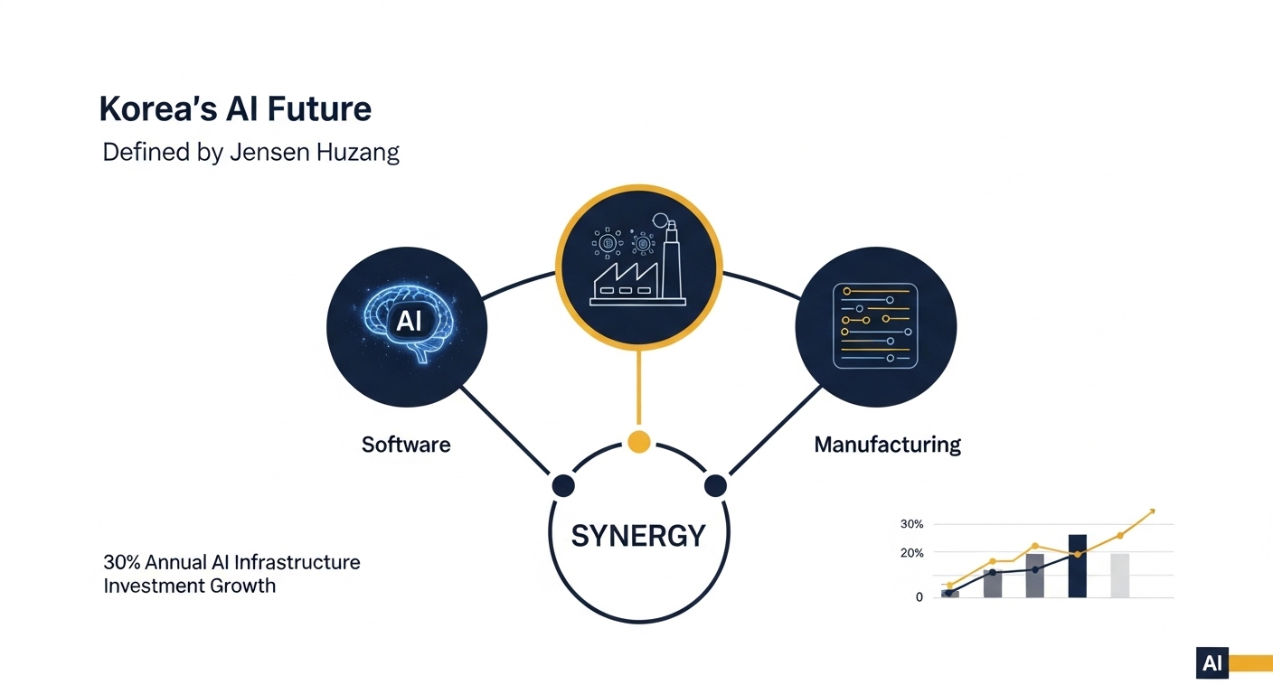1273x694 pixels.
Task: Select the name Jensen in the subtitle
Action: tap(269, 152)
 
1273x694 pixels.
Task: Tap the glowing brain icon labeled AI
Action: tap(408, 324)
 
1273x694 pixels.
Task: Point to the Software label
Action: tap(406, 445)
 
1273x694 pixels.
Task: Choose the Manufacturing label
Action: tap(887, 445)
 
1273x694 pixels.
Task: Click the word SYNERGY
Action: tap(638, 536)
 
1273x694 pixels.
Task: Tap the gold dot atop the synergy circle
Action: tap(638, 441)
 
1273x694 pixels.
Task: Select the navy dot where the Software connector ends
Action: tap(563, 485)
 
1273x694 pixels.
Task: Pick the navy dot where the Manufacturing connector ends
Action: tap(715, 485)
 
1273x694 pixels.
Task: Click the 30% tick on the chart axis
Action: tap(911, 524)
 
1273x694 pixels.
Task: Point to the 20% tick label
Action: tap(911, 553)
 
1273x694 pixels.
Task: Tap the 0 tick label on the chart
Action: tap(919, 597)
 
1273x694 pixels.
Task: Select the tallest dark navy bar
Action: tap(1077, 566)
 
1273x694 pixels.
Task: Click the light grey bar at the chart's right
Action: tap(1120, 575)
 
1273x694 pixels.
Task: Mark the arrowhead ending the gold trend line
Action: tap(1152, 511)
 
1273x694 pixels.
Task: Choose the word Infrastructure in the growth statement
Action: tap(297, 562)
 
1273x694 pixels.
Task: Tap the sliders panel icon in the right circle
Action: tap(875, 326)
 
